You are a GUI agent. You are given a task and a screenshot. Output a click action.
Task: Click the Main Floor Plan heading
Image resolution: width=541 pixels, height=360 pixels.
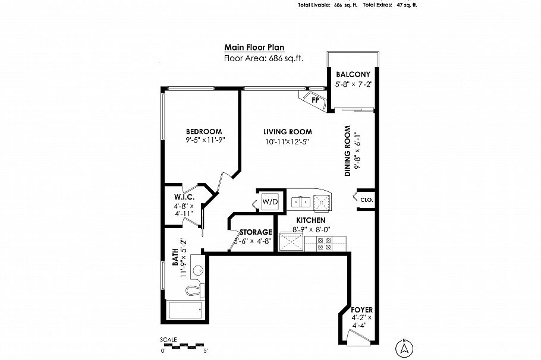click(254, 48)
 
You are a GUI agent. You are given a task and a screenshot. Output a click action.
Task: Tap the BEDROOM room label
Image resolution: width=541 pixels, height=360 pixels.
click(204, 132)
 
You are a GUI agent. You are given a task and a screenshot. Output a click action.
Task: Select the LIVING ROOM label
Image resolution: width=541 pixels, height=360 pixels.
click(289, 132)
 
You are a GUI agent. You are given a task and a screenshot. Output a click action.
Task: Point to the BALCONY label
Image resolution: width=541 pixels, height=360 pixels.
click(353, 74)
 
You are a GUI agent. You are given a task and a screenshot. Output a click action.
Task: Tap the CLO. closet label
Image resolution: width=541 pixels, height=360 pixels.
click(366, 200)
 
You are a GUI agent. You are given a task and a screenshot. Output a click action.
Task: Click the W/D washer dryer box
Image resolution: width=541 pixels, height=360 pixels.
click(270, 202)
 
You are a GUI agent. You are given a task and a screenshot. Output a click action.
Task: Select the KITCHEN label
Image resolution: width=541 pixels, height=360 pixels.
click(310, 220)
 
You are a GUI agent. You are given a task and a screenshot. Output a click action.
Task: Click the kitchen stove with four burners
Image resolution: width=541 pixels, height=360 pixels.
click(325, 242)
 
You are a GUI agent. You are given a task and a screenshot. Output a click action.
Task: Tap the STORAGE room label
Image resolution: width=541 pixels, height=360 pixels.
click(256, 232)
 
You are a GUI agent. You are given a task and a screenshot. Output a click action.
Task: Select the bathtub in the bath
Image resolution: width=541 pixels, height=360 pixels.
click(185, 310)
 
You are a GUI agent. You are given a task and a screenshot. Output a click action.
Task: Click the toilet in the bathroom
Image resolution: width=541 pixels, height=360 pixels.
click(193, 290)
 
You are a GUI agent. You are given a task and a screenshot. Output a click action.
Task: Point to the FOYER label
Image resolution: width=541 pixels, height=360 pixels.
click(361, 310)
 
